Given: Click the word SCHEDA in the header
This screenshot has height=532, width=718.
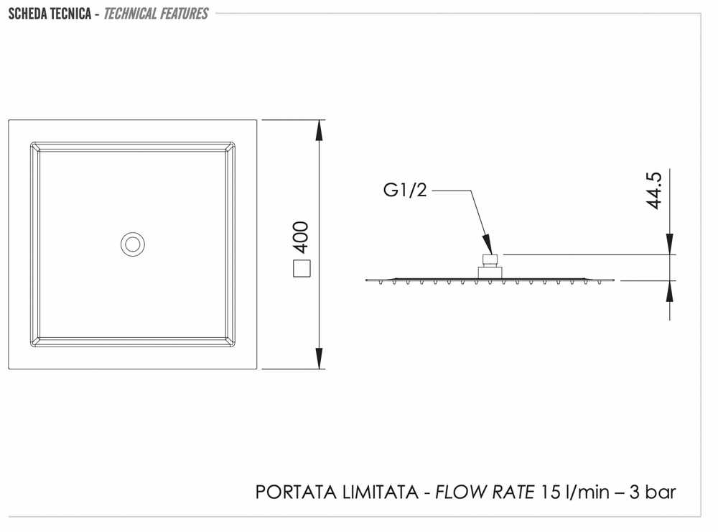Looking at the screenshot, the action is point(27,14).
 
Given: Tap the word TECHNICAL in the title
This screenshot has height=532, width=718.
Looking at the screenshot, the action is point(130,14).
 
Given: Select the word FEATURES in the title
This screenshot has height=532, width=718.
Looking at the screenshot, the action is point(184,14).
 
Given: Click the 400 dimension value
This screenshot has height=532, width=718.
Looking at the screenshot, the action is point(302,237).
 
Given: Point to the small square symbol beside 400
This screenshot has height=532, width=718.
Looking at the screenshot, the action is point(302,268).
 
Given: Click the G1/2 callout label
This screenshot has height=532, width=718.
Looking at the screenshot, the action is point(405,190).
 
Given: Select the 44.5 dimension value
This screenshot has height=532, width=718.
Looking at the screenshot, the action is point(654,191).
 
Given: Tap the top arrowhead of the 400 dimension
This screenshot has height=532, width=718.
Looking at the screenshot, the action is point(320,130).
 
